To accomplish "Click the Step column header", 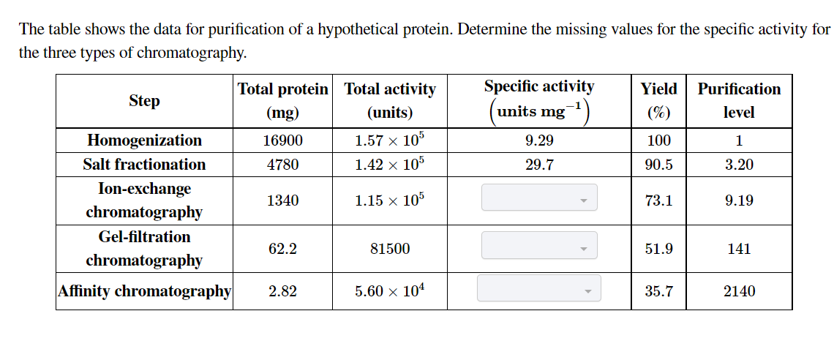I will pyautogui.click(x=144, y=101).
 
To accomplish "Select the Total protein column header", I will pyautogui.click(x=282, y=100).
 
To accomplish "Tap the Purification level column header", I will pyautogui.click(x=739, y=100).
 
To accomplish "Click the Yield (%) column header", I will pyautogui.click(x=658, y=100).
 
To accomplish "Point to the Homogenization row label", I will pyautogui.click(x=144, y=140).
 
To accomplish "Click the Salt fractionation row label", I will pyautogui.click(x=144, y=165).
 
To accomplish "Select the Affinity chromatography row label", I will pyautogui.click(x=145, y=291).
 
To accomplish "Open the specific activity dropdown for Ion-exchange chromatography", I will pyautogui.click(x=538, y=198).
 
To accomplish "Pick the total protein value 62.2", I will pyautogui.click(x=282, y=249).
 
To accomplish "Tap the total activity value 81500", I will pyautogui.click(x=390, y=249).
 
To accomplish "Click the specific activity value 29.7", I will pyautogui.click(x=539, y=165).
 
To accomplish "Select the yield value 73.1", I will pyautogui.click(x=658, y=200).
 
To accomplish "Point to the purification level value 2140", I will pyautogui.click(x=739, y=291).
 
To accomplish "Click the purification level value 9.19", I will pyautogui.click(x=739, y=200).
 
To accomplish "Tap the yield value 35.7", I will pyautogui.click(x=658, y=291).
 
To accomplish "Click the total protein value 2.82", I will pyautogui.click(x=282, y=291).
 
